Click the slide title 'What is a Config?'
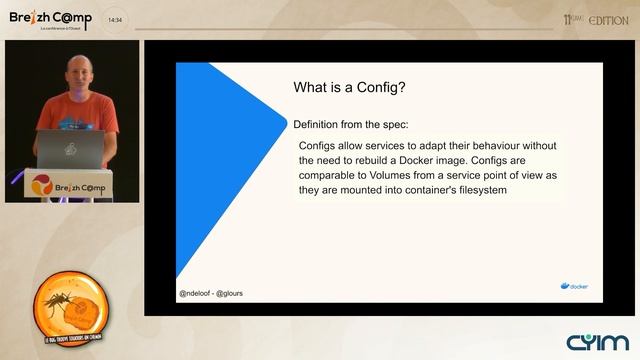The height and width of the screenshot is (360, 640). click(x=349, y=87)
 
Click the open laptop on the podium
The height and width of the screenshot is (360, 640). click(x=70, y=149)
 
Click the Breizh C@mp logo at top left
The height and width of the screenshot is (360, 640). click(x=50, y=19)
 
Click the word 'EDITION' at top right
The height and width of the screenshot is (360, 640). click(x=608, y=20)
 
